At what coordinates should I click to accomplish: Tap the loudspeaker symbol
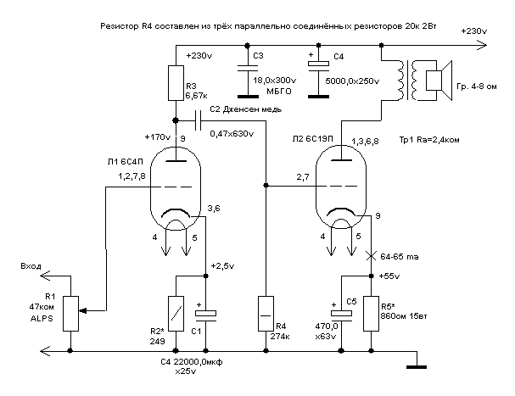[438, 80]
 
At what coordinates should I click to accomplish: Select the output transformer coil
[408, 80]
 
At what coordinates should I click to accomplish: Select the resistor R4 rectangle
[266, 313]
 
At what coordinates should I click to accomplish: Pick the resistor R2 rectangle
[175, 313]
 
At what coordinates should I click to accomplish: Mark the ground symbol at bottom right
[416, 366]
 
